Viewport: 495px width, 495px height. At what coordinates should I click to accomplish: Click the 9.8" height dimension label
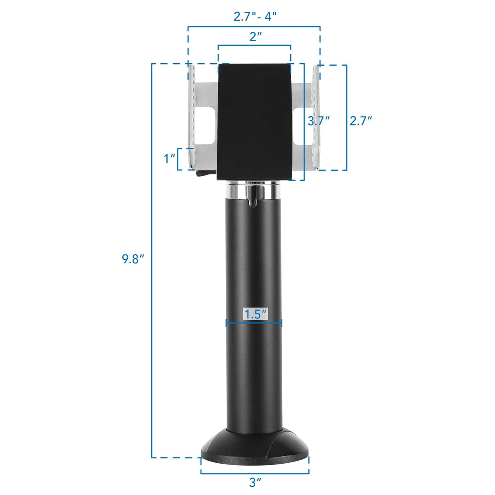(x=133, y=259)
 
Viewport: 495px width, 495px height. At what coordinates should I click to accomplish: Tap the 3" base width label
(x=255, y=482)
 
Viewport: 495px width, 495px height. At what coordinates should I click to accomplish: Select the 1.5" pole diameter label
(x=255, y=314)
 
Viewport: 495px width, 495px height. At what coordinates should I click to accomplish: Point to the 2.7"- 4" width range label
(x=255, y=16)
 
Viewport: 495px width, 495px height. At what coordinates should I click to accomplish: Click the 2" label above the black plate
(x=255, y=37)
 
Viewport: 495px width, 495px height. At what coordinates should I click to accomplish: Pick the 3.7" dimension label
(x=318, y=121)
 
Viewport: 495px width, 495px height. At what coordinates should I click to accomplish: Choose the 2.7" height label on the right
(x=361, y=121)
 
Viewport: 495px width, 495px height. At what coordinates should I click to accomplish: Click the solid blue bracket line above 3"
(x=255, y=473)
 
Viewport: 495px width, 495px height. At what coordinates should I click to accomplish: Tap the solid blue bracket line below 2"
(x=254, y=45)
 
